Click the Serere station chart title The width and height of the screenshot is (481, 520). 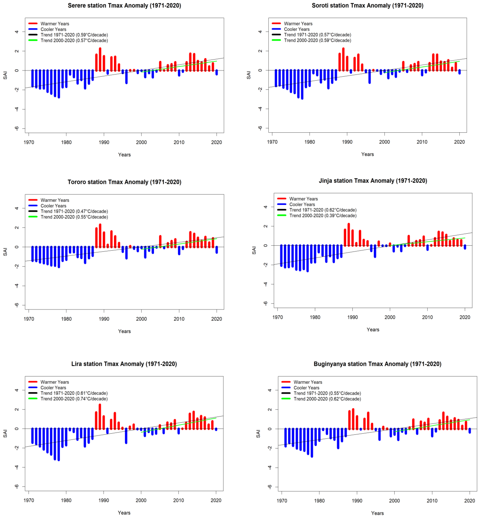tap(124, 5)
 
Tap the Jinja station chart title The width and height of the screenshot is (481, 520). tap(373, 181)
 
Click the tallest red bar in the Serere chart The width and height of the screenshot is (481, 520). tap(100, 59)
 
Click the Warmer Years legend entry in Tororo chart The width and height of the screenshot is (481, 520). tap(55, 200)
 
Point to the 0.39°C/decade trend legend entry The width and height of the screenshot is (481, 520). tap(323, 215)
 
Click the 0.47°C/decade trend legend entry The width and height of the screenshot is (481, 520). tap(74, 211)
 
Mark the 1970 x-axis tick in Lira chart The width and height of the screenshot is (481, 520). tap(29, 500)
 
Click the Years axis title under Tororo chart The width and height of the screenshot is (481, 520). tap(124, 331)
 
